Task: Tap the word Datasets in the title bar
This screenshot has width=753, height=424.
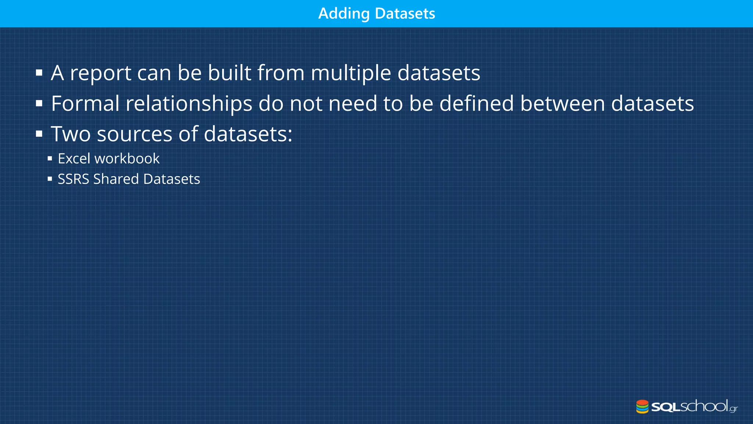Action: [x=405, y=14]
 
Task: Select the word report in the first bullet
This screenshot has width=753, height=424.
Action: [x=100, y=73]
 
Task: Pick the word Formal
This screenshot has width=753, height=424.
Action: [x=85, y=103]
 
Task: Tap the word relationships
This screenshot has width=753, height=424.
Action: [x=189, y=103]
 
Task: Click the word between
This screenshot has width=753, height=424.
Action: [x=562, y=103]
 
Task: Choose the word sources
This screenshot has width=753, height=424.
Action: [x=135, y=134]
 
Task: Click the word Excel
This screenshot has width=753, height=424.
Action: [x=74, y=159]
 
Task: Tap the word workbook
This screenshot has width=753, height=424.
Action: [x=127, y=159]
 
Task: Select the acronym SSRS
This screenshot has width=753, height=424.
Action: [x=74, y=179]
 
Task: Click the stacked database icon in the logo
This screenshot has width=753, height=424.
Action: [x=642, y=406]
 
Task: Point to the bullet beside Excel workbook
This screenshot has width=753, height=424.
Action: [x=50, y=159]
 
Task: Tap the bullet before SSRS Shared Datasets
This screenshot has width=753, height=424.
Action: [x=50, y=179]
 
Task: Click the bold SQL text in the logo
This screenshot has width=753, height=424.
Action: [x=666, y=407]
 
